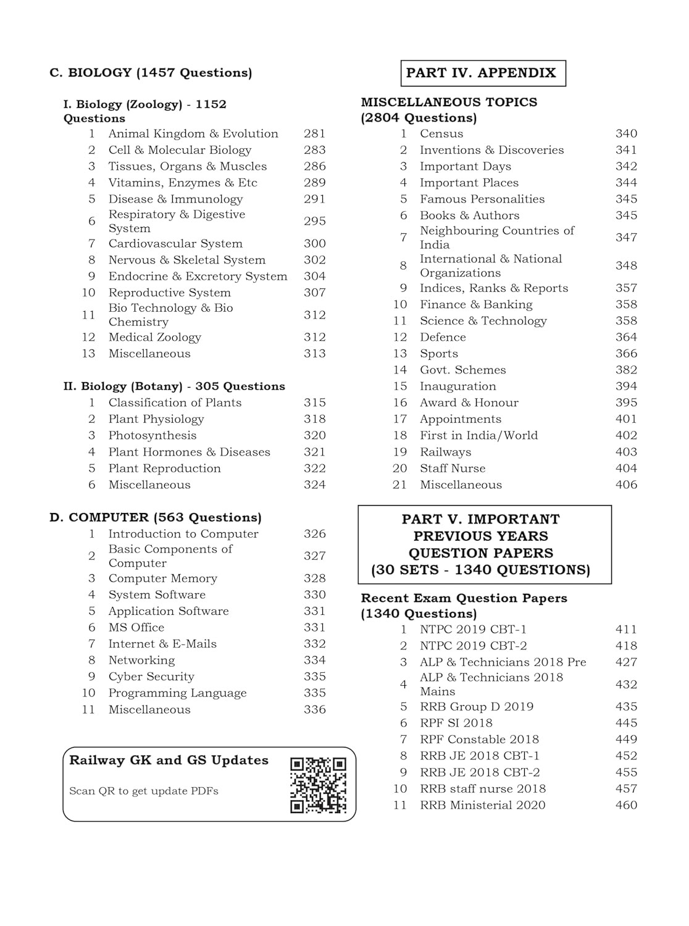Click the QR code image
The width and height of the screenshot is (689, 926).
(319, 785)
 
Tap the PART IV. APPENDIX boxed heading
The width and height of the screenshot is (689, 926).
(482, 73)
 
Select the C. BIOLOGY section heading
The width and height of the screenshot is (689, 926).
(151, 73)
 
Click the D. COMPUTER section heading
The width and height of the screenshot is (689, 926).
(155, 517)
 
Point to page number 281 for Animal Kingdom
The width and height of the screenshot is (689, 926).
(314, 134)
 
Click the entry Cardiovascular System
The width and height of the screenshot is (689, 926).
(175, 244)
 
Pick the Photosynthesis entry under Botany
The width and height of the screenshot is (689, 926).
(152, 435)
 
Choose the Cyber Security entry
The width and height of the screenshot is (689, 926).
(151, 677)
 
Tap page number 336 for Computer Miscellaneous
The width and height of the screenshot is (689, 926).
(314, 709)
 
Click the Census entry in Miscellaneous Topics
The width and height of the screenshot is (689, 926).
(441, 134)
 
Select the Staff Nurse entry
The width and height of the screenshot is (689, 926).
(452, 469)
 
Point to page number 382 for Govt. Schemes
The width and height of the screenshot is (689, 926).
(626, 370)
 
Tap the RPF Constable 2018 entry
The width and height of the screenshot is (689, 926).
(479, 740)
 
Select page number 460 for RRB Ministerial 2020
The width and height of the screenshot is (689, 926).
(626, 805)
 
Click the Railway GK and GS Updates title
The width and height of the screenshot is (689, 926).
(169, 761)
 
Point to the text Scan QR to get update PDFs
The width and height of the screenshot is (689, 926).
(144, 791)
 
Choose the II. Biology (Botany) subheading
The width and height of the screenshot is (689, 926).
(174, 386)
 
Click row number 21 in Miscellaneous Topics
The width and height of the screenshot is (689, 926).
(399, 485)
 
